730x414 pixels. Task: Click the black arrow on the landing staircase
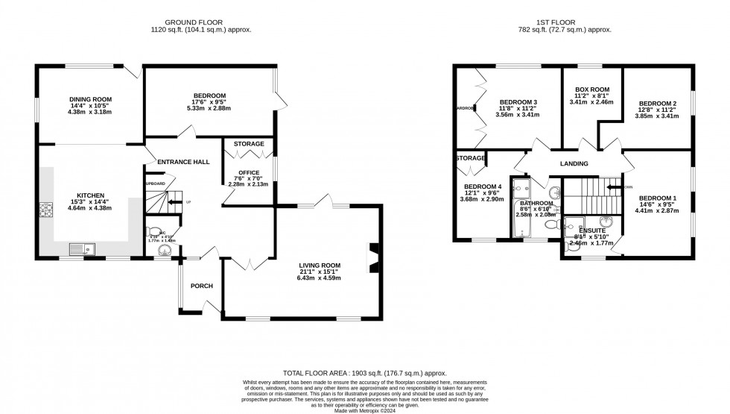pos(613,187)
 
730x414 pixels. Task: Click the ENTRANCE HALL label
pos(182,162)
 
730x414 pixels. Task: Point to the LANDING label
pos(574,164)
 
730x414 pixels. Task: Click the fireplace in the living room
pos(373,254)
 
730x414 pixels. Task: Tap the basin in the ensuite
pos(607,222)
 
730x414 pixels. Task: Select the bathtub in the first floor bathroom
pos(520,209)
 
